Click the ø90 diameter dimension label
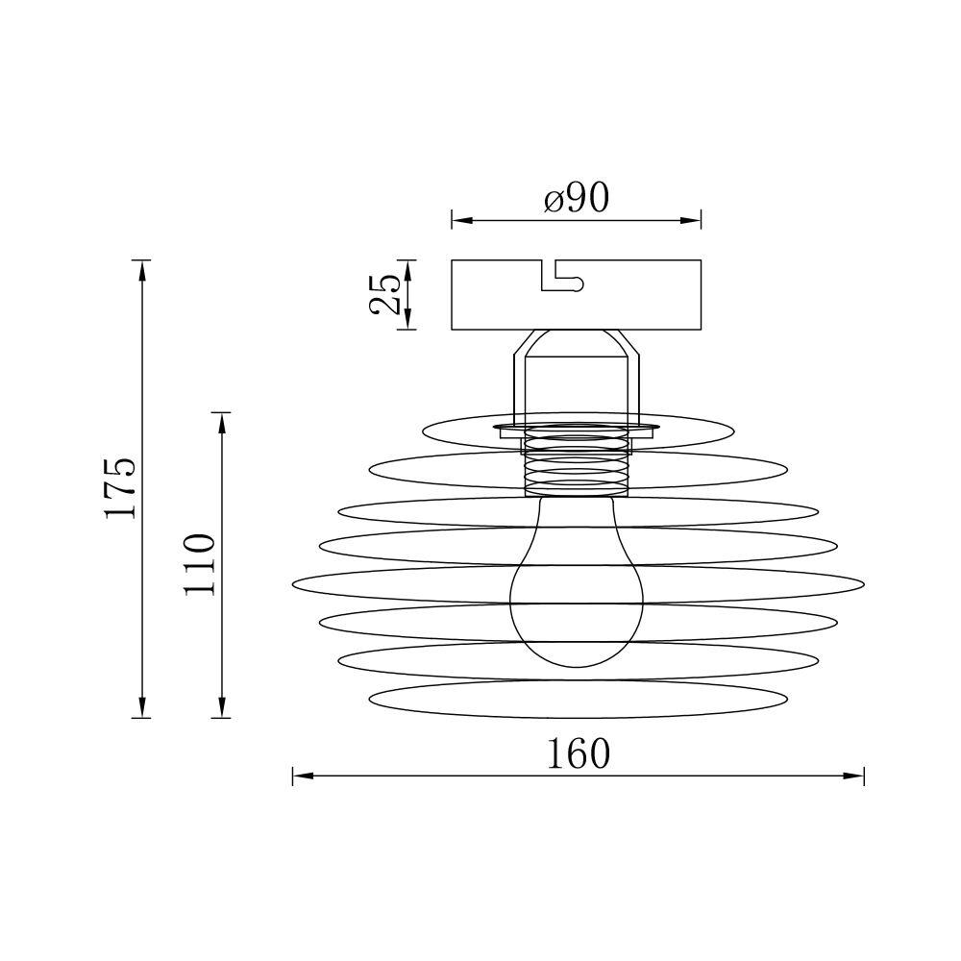point(577,198)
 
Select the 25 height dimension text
point(385,294)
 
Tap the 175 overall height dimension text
point(121,488)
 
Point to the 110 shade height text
point(201,564)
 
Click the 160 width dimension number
point(579,754)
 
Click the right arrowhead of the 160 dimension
point(854,776)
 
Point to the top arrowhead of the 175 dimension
point(142,270)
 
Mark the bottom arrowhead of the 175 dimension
point(142,708)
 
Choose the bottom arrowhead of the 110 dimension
point(223,708)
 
